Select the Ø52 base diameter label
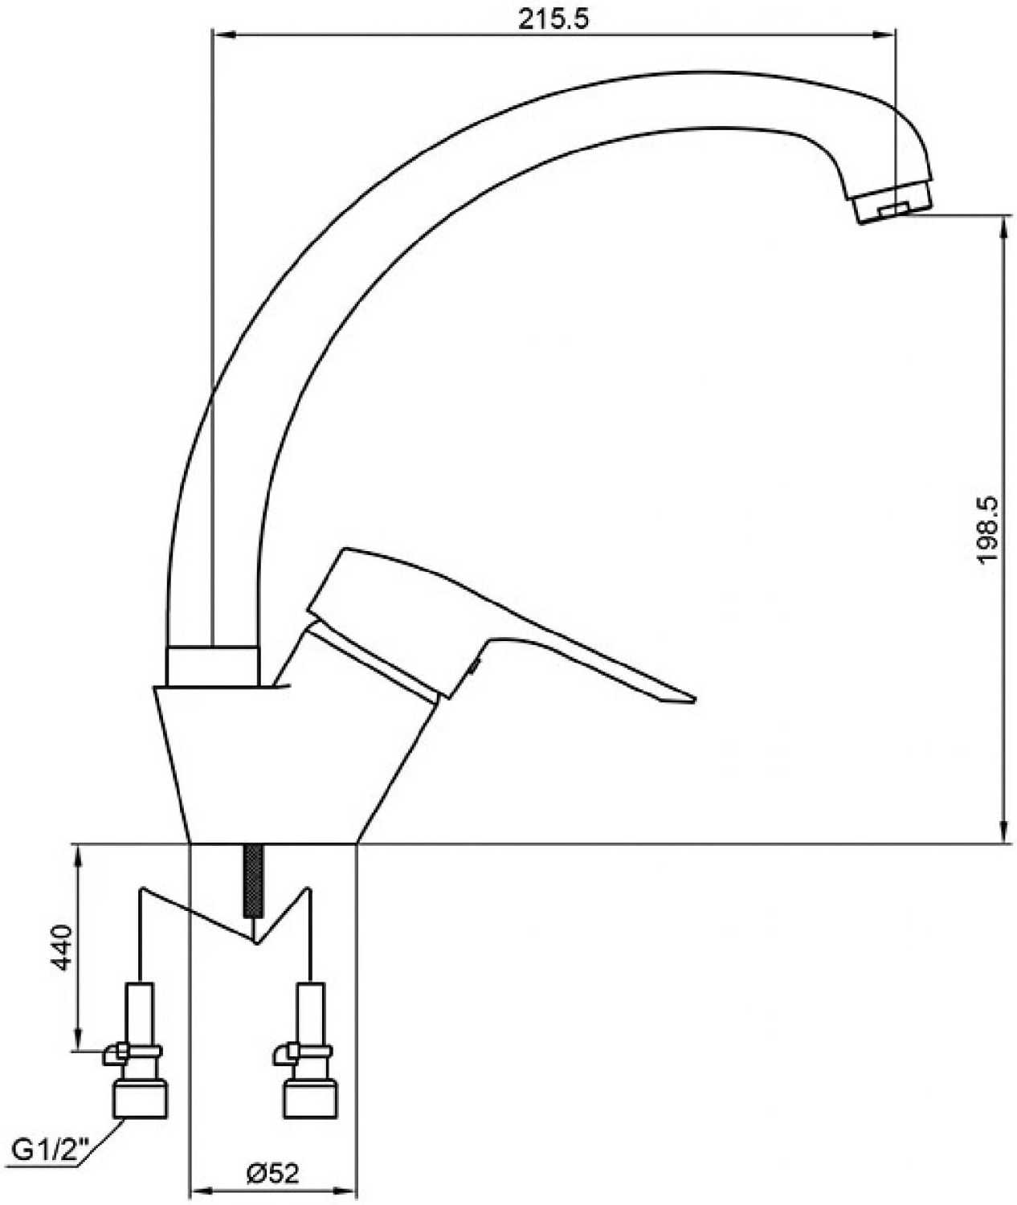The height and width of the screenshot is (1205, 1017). pyautogui.click(x=273, y=1174)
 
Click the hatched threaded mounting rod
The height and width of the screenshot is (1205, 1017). pyautogui.click(x=254, y=880)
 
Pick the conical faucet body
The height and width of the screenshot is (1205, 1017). pyautogui.click(x=273, y=763)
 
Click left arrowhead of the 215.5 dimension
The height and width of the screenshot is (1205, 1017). pyautogui.click(x=219, y=35)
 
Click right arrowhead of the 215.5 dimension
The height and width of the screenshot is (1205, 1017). pyautogui.click(x=888, y=35)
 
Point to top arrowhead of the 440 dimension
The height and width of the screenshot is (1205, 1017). pyautogui.click(x=79, y=853)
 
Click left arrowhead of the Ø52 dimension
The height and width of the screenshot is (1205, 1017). pyautogui.click(x=195, y=1190)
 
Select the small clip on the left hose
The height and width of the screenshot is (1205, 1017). pyautogui.click(x=114, y=1053)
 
